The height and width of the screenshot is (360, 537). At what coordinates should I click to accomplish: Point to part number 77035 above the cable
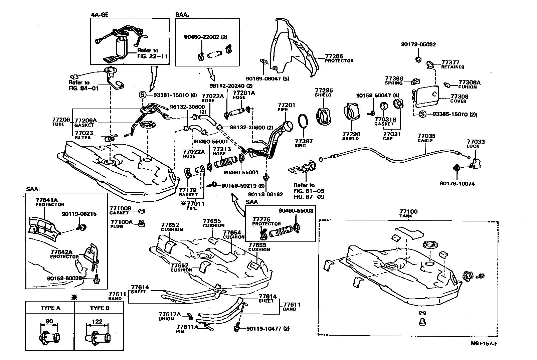click(x=426, y=136)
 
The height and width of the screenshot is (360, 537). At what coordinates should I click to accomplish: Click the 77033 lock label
click(x=476, y=142)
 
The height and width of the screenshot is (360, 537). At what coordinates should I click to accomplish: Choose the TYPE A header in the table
click(x=50, y=308)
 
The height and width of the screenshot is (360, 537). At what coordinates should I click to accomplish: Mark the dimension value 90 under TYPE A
click(x=49, y=322)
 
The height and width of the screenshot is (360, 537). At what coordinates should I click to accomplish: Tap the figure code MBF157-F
click(x=486, y=343)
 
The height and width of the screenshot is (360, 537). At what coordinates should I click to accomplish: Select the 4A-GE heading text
click(x=100, y=15)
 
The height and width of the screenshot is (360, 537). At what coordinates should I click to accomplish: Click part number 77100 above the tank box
click(x=408, y=212)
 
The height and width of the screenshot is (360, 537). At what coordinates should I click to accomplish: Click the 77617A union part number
click(x=170, y=314)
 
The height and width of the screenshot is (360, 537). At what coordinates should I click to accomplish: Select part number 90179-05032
click(x=418, y=44)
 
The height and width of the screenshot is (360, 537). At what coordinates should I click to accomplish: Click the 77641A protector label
click(x=47, y=200)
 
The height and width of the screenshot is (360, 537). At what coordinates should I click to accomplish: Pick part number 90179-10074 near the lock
click(x=457, y=184)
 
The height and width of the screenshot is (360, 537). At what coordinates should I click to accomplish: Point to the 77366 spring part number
click(x=394, y=79)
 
